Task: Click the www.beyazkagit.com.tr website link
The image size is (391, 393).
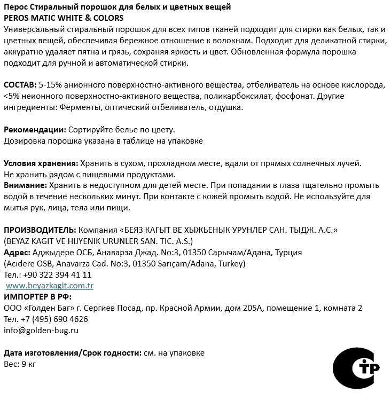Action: coord(50,286)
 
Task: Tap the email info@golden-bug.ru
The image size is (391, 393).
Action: coord(41,331)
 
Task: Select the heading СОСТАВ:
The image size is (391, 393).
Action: coord(20,85)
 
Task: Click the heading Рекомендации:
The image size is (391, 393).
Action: coord(35,130)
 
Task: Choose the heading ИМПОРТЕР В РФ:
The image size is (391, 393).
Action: coord(37,297)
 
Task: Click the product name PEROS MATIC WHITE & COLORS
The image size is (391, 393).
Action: coord(63,18)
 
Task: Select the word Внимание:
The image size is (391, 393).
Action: coord(25,185)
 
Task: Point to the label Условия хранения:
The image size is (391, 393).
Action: coord(41,163)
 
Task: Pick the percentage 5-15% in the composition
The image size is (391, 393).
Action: coord(51,85)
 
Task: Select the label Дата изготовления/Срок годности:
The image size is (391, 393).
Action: coord(73,353)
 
